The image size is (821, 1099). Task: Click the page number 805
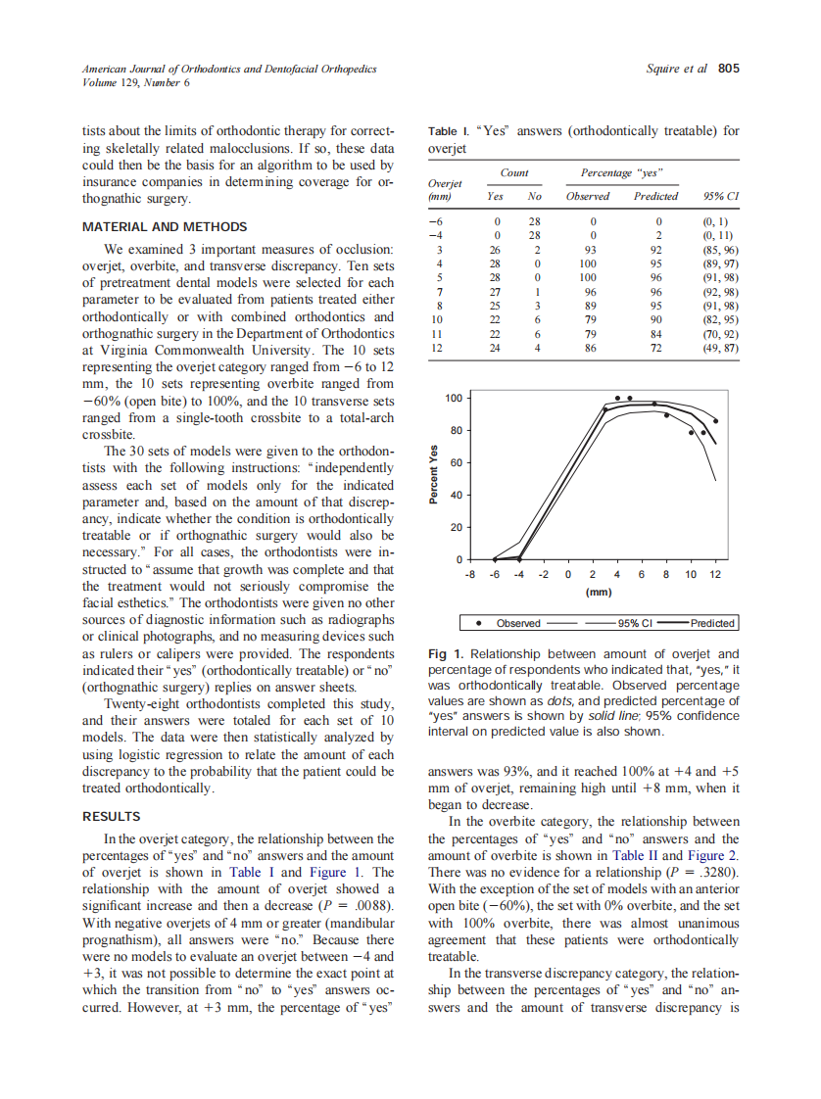(728, 69)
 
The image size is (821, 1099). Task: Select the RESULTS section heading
(111, 816)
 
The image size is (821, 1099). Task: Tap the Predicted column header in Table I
(655, 196)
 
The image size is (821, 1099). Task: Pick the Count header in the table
(514, 172)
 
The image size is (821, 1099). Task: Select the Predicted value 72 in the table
(658, 347)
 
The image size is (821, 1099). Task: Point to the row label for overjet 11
(437, 333)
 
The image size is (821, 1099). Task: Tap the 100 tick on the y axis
(454, 399)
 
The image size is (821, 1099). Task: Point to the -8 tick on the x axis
(471, 575)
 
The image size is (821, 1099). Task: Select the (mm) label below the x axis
(598, 592)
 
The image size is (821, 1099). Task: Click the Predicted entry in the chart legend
(712, 623)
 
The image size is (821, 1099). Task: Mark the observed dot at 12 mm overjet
(715, 420)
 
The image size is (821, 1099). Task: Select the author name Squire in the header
(666, 69)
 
